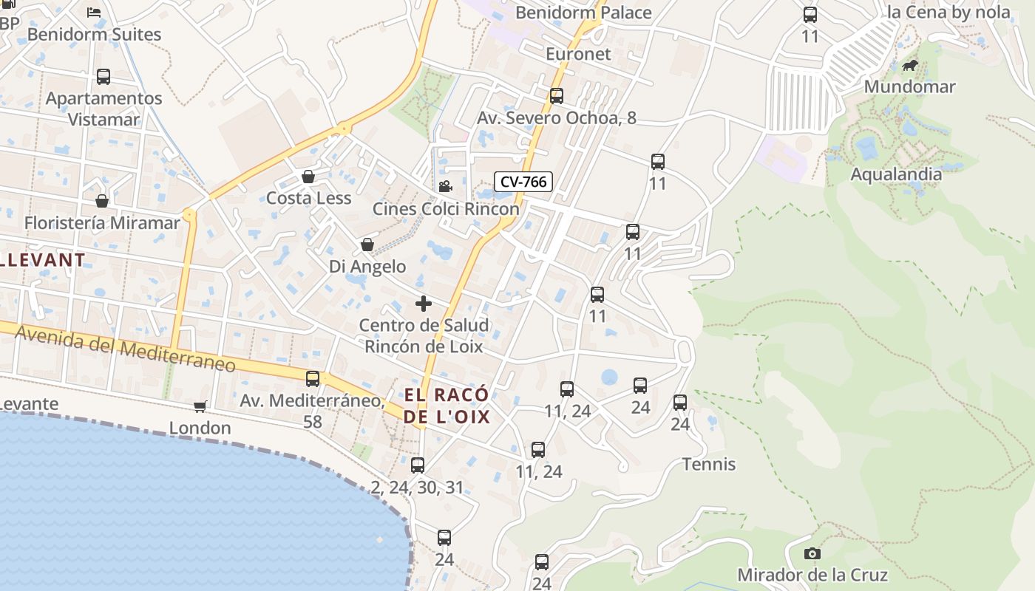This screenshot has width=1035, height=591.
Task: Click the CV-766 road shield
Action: coord(523,182)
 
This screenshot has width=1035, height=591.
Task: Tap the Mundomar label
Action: coord(909,86)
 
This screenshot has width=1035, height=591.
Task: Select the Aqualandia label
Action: coord(896,174)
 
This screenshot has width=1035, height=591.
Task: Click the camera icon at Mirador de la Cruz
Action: coord(812,553)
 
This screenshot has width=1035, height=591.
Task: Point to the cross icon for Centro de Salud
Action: coord(424,304)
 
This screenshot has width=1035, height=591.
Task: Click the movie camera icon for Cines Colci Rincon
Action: coord(445,187)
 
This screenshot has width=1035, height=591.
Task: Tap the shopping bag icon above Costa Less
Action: coord(308,177)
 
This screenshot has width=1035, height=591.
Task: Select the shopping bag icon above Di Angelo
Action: coord(367,245)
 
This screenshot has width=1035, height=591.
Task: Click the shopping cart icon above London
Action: coord(200,406)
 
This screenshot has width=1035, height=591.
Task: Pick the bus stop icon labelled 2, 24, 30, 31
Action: coord(418,465)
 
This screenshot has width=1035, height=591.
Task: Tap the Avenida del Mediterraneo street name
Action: coord(126,349)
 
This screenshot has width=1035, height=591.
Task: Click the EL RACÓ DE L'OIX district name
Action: coord(447,406)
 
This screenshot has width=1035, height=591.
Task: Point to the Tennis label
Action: coord(709,464)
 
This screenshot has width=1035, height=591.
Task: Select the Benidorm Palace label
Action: coord(583,13)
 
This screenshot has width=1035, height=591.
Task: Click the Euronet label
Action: coord(578,54)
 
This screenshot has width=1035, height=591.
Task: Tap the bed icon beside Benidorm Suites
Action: coord(94,12)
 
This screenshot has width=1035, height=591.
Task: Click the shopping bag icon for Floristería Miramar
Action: coord(102,201)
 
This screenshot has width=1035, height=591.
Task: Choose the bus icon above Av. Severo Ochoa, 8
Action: coord(557,96)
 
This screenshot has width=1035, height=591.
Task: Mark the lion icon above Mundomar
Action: coord(910,66)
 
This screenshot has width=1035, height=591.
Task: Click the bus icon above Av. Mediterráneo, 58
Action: coord(313,379)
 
